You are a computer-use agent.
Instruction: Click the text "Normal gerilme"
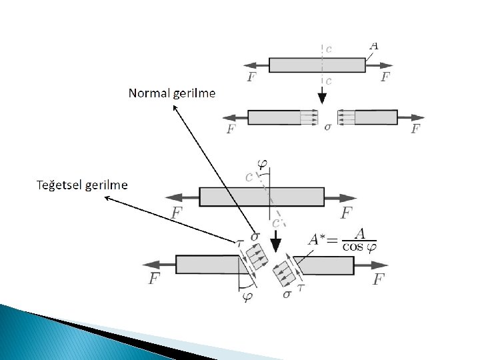[172, 93]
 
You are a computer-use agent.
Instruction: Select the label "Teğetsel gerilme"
[81, 184]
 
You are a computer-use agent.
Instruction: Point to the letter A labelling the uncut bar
[374, 46]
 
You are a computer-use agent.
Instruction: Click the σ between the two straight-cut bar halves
[327, 126]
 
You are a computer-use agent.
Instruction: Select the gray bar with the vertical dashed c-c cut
[317, 65]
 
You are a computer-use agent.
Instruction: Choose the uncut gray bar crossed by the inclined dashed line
[262, 197]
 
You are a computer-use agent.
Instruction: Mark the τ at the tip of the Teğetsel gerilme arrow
[241, 244]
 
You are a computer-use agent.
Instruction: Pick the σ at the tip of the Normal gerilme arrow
[255, 237]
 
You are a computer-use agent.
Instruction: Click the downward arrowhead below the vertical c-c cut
[322, 97]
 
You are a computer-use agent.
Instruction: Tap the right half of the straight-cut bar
[376, 117]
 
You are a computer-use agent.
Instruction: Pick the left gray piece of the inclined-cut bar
[207, 264]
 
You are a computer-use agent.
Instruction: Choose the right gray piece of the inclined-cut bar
[325, 265]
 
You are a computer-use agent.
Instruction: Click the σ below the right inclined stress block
[287, 293]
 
